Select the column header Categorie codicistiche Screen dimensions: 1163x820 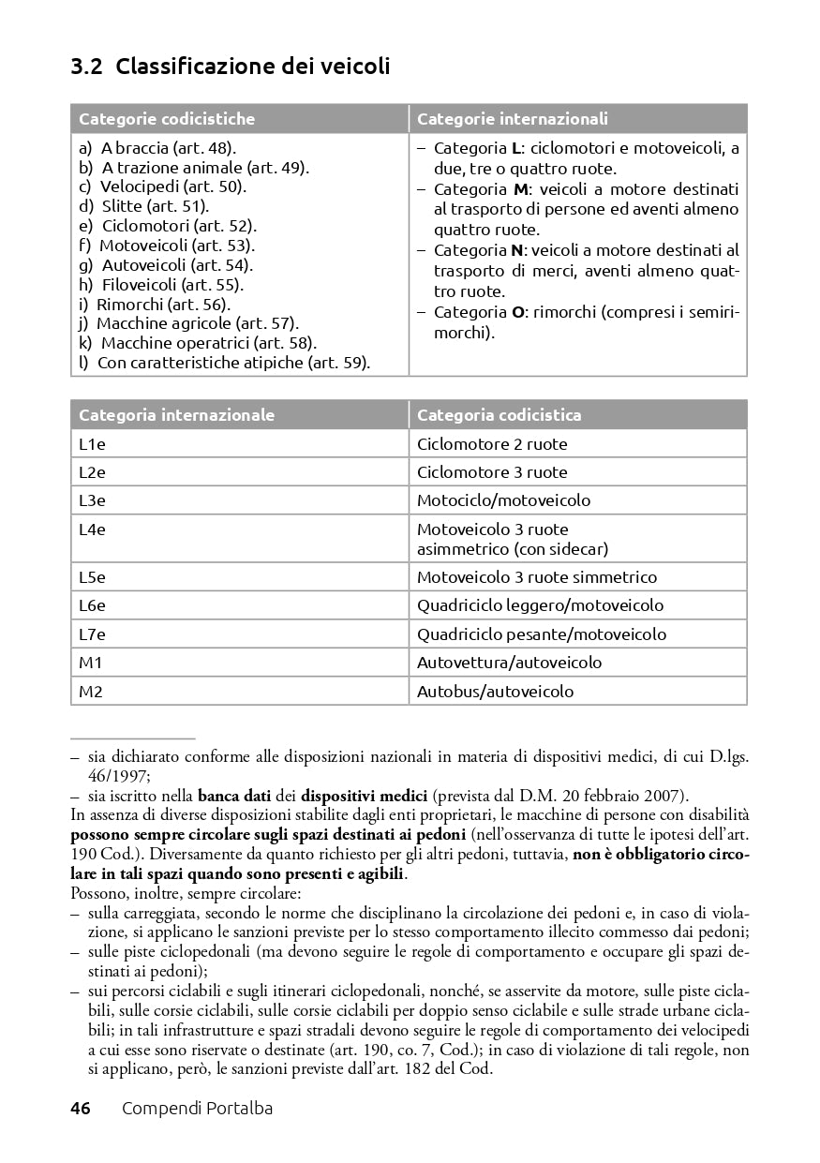(167, 119)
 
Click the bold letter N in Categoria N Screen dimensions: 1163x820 (516, 250)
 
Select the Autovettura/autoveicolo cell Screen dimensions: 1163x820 (510, 663)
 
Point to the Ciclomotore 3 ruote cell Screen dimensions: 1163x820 (492, 472)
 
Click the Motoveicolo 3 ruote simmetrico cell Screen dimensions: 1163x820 (537, 577)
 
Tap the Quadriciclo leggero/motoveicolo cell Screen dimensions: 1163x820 (540, 605)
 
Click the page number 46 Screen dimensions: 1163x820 (81, 1109)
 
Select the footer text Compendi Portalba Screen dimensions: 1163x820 (197, 1109)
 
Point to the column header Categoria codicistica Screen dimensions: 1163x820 (499, 415)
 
